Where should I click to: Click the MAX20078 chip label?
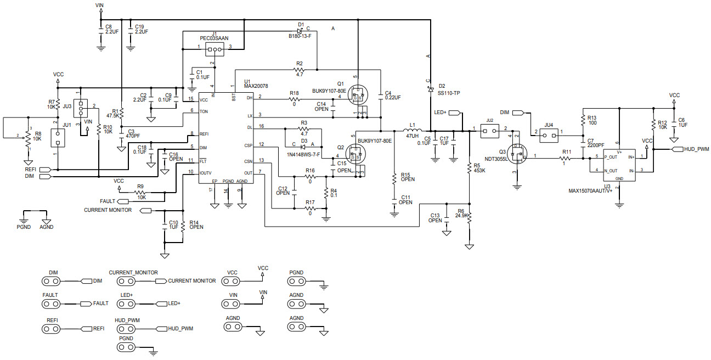click(x=256, y=86)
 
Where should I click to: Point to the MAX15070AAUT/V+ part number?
click(x=590, y=192)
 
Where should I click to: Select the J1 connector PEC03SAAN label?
click(x=214, y=38)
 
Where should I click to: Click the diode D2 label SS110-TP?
click(x=449, y=93)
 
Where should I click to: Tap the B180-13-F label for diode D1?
click(x=300, y=36)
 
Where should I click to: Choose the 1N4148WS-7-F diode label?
click(x=303, y=154)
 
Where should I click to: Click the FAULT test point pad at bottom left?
click(x=50, y=303)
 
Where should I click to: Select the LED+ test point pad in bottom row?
click(x=127, y=303)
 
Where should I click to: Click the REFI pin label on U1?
click(x=204, y=134)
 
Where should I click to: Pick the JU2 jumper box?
click(x=489, y=130)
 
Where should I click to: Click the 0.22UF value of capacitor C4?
click(x=392, y=97)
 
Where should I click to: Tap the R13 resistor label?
click(x=591, y=117)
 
